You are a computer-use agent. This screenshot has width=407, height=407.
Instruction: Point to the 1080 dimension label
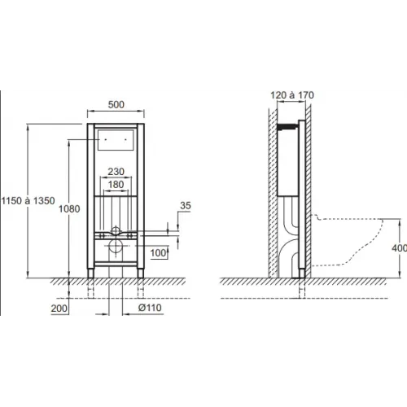point(71,209)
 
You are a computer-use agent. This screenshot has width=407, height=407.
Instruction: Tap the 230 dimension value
point(116,171)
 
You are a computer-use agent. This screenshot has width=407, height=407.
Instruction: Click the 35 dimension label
point(186,207)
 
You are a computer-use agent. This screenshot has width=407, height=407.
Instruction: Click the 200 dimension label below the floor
point(59,309)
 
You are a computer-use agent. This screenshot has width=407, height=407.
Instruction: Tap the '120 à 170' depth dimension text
point(289,95)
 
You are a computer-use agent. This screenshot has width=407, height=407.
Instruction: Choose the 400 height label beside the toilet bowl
point(399,247)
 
